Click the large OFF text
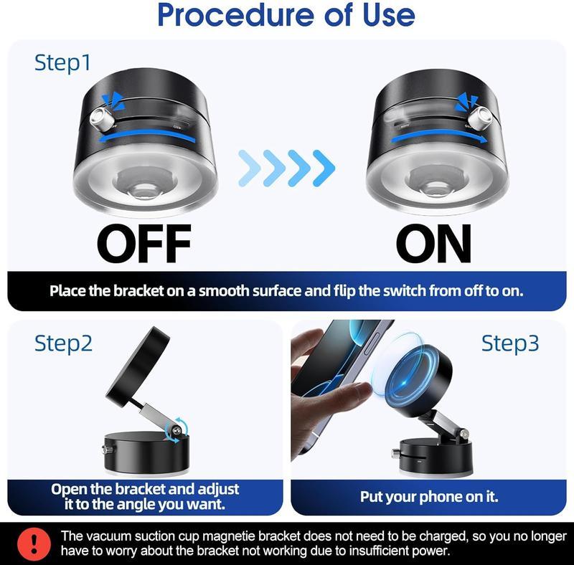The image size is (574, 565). (x=143, y=244)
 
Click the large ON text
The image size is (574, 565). (x=433, y=244)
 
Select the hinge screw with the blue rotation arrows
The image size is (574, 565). (x=174, y=431)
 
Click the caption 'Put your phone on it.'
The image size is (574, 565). (x=428, y=496)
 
